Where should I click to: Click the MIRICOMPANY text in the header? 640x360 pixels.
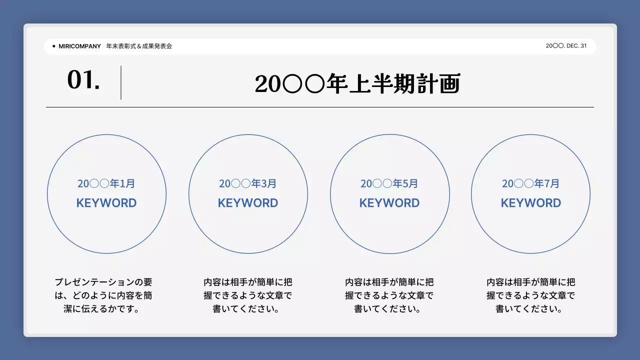79,46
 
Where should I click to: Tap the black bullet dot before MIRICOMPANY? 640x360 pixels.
53,46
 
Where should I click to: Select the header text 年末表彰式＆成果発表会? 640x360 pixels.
139,46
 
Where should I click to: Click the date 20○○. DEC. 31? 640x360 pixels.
566,46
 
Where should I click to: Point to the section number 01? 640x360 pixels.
83,80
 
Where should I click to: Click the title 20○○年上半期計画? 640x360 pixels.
357,84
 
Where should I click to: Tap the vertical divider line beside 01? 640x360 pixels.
121,82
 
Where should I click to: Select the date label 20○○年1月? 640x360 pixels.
106,183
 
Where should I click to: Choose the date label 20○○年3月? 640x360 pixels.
248,183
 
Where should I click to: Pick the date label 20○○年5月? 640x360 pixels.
389,183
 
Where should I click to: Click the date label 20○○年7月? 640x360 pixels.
531,183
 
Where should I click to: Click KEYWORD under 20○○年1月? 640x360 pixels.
106,203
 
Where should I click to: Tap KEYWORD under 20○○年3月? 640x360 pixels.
248,203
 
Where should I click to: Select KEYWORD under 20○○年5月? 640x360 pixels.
389,203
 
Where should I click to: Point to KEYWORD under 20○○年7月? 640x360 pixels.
531,203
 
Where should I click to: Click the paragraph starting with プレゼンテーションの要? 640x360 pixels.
103,295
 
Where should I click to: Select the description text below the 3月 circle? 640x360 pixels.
248,295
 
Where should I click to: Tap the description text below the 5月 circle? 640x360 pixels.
389,295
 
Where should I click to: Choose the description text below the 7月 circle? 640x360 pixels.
531,295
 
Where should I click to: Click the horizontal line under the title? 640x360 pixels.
320,107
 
